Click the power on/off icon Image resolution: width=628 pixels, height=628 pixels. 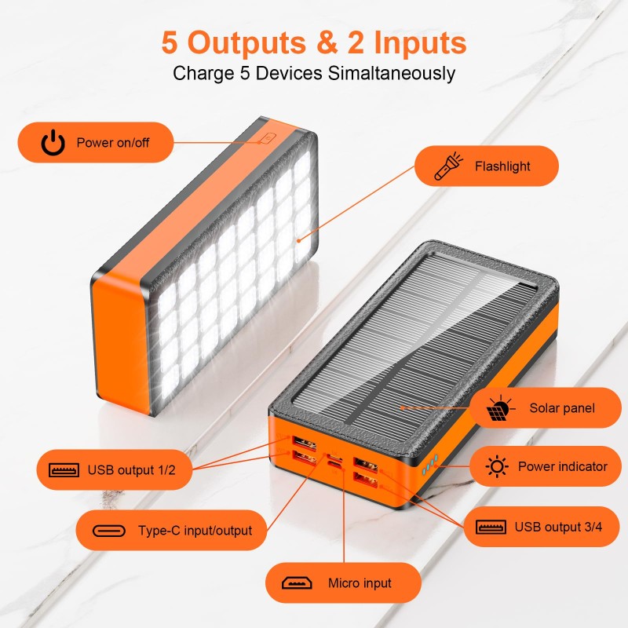coord(53,143)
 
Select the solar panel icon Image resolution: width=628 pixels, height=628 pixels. coord(499,408)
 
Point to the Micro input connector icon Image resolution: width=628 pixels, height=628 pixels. coord(296,583)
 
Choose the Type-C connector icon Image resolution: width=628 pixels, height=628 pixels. coord(108,531)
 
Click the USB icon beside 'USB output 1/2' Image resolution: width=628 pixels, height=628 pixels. coord(64,470)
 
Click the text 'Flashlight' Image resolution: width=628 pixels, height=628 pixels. coord(502,166)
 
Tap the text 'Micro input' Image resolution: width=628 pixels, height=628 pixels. coord(360,583)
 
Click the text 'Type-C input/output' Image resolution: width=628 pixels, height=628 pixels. coord(195,531)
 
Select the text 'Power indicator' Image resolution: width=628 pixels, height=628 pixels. coord(562,467)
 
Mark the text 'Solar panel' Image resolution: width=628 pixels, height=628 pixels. coord(562,408)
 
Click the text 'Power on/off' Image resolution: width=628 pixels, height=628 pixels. coord(113,143)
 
